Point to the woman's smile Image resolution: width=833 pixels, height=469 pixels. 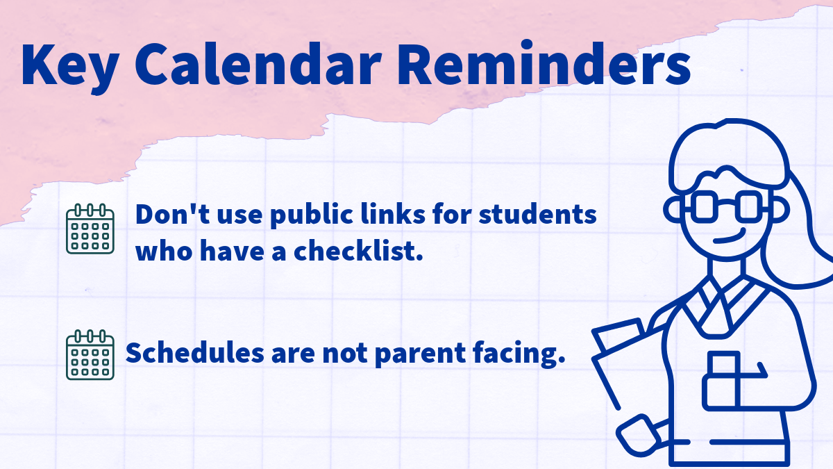[x=728, y=238]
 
